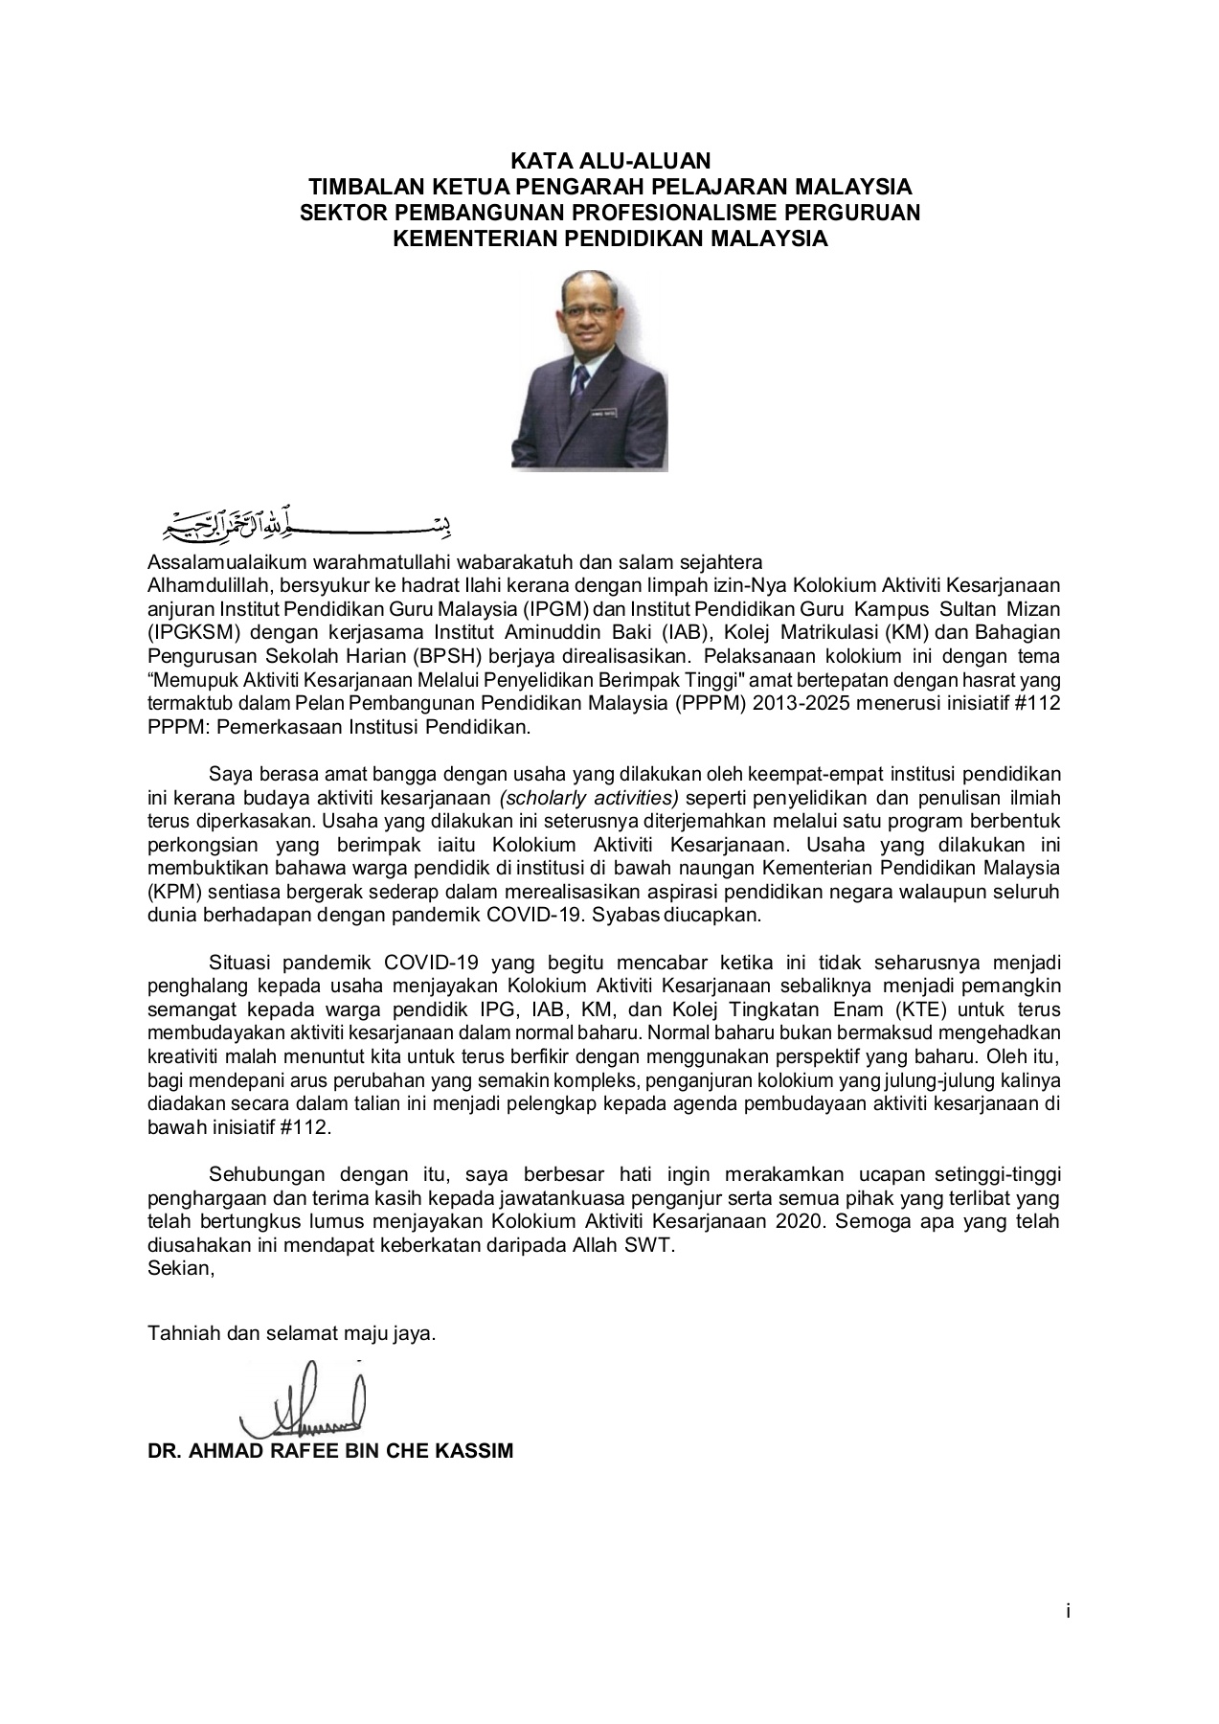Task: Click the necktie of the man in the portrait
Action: pos(580,384)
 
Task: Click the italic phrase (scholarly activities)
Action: pos(587,798)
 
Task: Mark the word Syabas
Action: pos(621,915)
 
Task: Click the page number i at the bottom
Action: pos(1067,1612)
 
